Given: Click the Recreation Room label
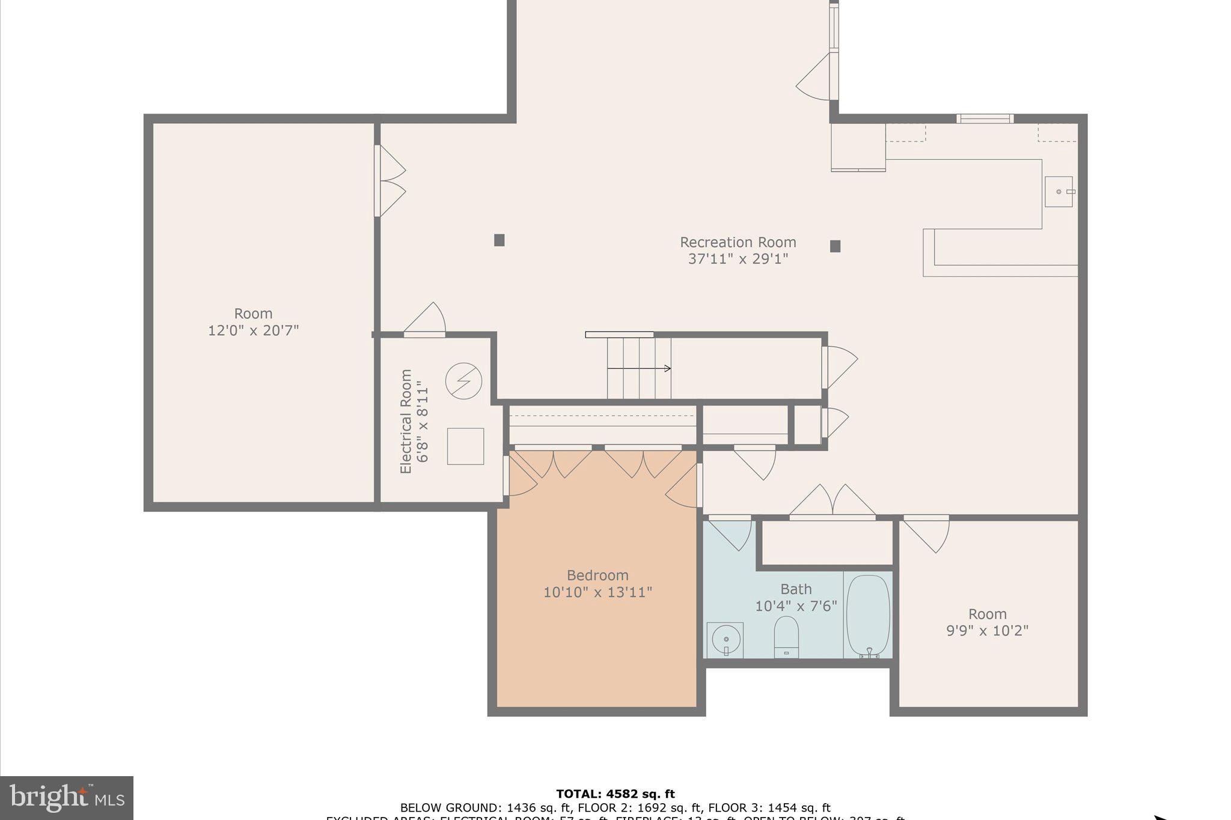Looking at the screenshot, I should click(738, 242).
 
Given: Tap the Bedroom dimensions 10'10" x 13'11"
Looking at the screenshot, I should click(597, 592).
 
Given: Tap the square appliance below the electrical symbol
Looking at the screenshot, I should click(465, 446).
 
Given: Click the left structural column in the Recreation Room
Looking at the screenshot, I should click(499, 240).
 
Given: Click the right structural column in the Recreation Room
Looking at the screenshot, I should click(835, 246).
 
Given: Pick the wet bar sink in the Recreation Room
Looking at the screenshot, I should click(1058, 192).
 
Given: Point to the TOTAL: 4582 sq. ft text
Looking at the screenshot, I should click(615, 794).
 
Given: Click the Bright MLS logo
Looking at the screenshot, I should click(67, 798).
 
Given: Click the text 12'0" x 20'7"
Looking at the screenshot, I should click(253, 330).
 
